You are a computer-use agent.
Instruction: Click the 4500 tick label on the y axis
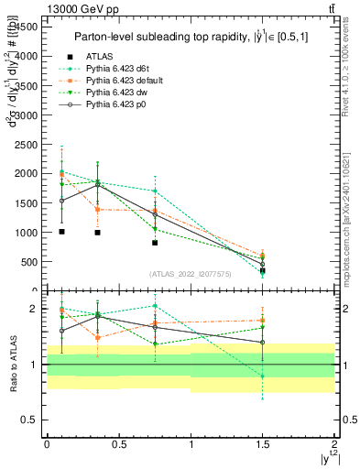tap(26, 27)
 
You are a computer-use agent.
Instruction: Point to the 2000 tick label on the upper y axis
tap(26, 173)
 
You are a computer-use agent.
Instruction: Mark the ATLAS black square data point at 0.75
tap(155, 243)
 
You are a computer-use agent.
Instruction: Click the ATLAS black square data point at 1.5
tap(263, 270)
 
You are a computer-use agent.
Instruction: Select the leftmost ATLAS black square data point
tap(61, 232)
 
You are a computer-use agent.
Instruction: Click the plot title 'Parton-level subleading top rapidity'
tap(183, 37)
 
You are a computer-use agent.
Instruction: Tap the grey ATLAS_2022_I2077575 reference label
tap(191, 273)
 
